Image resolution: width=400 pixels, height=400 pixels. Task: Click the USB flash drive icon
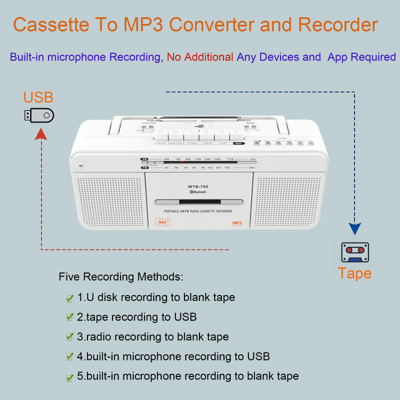(x=39, y=115)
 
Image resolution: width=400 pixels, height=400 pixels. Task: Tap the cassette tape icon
(x=355, y=251)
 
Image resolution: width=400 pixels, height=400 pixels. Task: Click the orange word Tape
(x=355, y=273)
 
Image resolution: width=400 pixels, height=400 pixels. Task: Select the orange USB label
(x=38, y=98)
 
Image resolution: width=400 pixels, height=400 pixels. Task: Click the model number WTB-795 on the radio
(x=197, y=186)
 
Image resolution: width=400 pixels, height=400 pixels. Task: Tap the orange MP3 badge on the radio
(x=237, y=223)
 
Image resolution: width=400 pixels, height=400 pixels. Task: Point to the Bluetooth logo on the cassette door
(x=198, y=191)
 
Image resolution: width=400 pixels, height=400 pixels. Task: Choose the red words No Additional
(x=200, y=57)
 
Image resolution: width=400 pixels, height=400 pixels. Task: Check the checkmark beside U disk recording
(x=69, y=299)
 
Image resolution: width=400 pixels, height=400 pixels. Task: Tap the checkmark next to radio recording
(x=69, y=337)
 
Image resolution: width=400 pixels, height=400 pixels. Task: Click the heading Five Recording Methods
(x=121, y=277)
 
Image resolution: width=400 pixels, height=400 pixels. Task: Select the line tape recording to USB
(x=137, y=317)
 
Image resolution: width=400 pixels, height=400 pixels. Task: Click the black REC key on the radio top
(x=238, y=143)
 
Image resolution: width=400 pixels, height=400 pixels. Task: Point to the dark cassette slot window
(x=198, y=203)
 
